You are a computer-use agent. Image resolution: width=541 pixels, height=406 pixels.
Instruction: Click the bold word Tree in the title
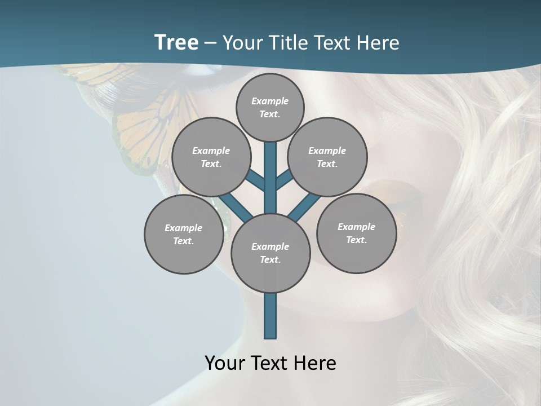176,42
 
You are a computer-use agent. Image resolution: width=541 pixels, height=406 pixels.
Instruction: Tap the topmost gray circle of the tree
270,107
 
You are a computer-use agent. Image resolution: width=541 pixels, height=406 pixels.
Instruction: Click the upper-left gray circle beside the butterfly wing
211,157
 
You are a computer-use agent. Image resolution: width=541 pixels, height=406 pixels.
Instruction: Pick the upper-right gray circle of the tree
327,157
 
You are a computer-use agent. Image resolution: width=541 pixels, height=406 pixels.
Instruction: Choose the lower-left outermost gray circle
184,234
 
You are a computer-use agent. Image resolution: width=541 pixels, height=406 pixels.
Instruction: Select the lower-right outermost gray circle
356,233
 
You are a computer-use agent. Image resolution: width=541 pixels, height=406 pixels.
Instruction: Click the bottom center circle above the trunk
270,253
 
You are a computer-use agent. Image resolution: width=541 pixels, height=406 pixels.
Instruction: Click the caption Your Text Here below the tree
270,363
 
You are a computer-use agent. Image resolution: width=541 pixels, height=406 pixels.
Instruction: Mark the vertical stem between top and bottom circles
270,178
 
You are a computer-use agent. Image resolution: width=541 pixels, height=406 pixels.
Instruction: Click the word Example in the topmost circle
270,101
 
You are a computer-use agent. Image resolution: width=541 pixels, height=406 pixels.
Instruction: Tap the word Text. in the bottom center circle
270,259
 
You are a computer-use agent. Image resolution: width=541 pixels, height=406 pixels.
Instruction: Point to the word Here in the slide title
381,43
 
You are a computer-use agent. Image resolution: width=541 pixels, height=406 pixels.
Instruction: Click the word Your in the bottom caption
225,363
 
